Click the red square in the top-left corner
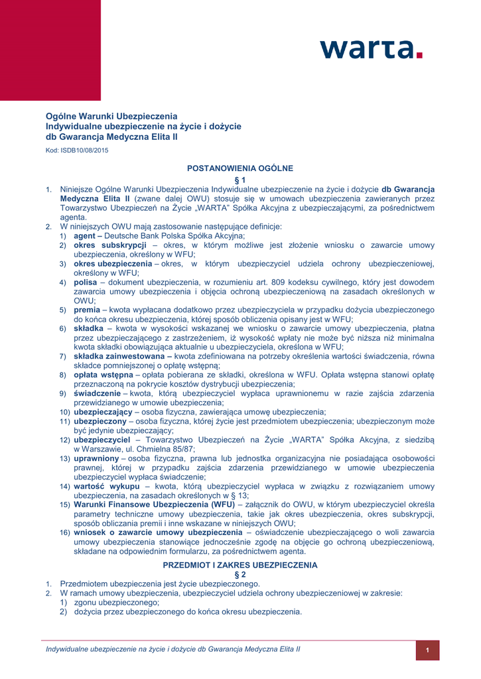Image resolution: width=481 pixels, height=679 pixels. point(50,50)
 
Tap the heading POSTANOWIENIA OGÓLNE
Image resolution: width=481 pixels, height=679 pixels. point(240,168)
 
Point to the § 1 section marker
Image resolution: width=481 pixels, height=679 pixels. point(240,180)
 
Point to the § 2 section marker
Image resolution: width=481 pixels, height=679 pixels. point(240,574)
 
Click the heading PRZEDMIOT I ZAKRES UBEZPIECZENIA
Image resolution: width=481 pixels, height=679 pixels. point(240,565)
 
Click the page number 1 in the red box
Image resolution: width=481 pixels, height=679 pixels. point(428,650)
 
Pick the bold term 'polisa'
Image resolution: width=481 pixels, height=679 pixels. point(86,282)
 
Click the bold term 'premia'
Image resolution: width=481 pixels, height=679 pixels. point(87,310)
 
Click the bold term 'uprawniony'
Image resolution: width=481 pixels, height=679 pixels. point(96,458)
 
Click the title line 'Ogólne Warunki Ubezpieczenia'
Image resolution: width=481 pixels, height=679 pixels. point(111,116)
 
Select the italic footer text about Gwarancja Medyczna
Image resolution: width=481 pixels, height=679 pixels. point(172,649)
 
